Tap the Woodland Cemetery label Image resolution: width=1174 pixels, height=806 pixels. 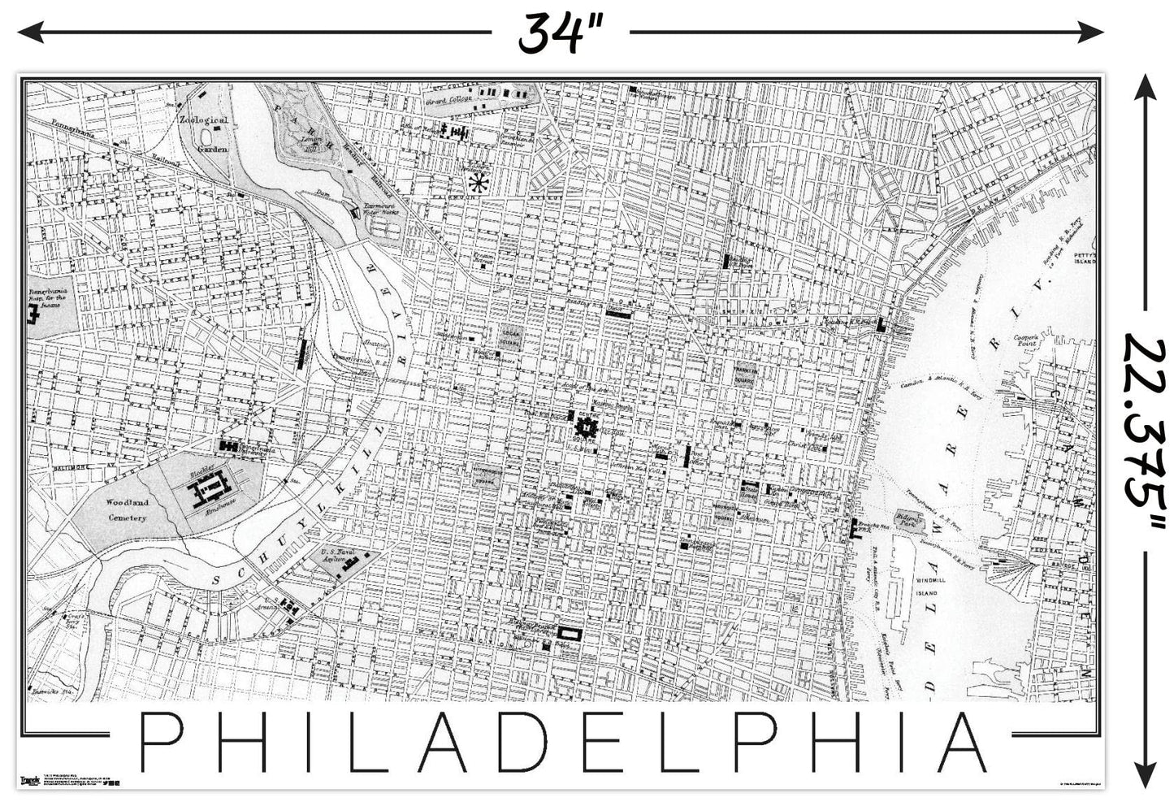(x=127, y=510)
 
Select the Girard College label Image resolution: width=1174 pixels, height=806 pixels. (x=449, y=100)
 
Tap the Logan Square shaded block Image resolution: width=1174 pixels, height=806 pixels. (x=510, y=337)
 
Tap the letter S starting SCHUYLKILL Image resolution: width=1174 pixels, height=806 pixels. (x=218, y=579)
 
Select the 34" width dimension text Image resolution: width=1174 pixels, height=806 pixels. (x=560, y=32)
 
